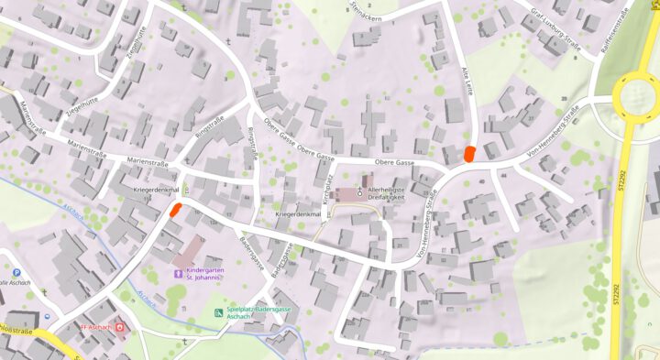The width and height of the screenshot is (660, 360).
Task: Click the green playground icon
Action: point(218,313)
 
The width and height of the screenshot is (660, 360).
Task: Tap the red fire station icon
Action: point(118,328)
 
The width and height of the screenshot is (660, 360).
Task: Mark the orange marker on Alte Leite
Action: point(469,153)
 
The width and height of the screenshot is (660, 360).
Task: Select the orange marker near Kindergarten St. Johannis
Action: point(173,209)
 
